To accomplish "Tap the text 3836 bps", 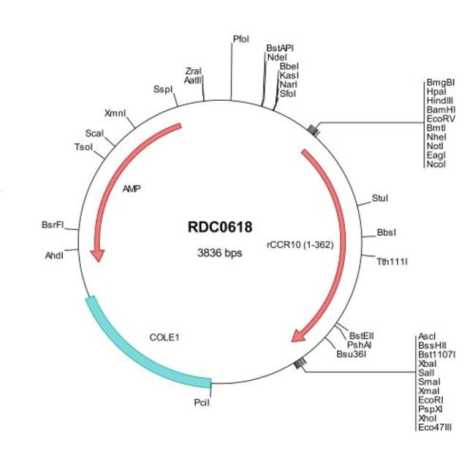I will click(x=219, y=254).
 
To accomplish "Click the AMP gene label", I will click(x=132, y=189).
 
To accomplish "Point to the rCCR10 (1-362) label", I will click(x=300, y=245).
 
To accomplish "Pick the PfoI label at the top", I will click(x=241, y=38).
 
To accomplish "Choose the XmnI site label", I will click(x=115, y=114).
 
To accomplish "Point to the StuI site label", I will click(x=380, y=197).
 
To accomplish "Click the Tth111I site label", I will click(x=392, y=260).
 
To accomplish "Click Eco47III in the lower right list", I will click(x=436, y=427).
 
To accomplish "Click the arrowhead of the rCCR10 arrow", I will click(x=298, y=335).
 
